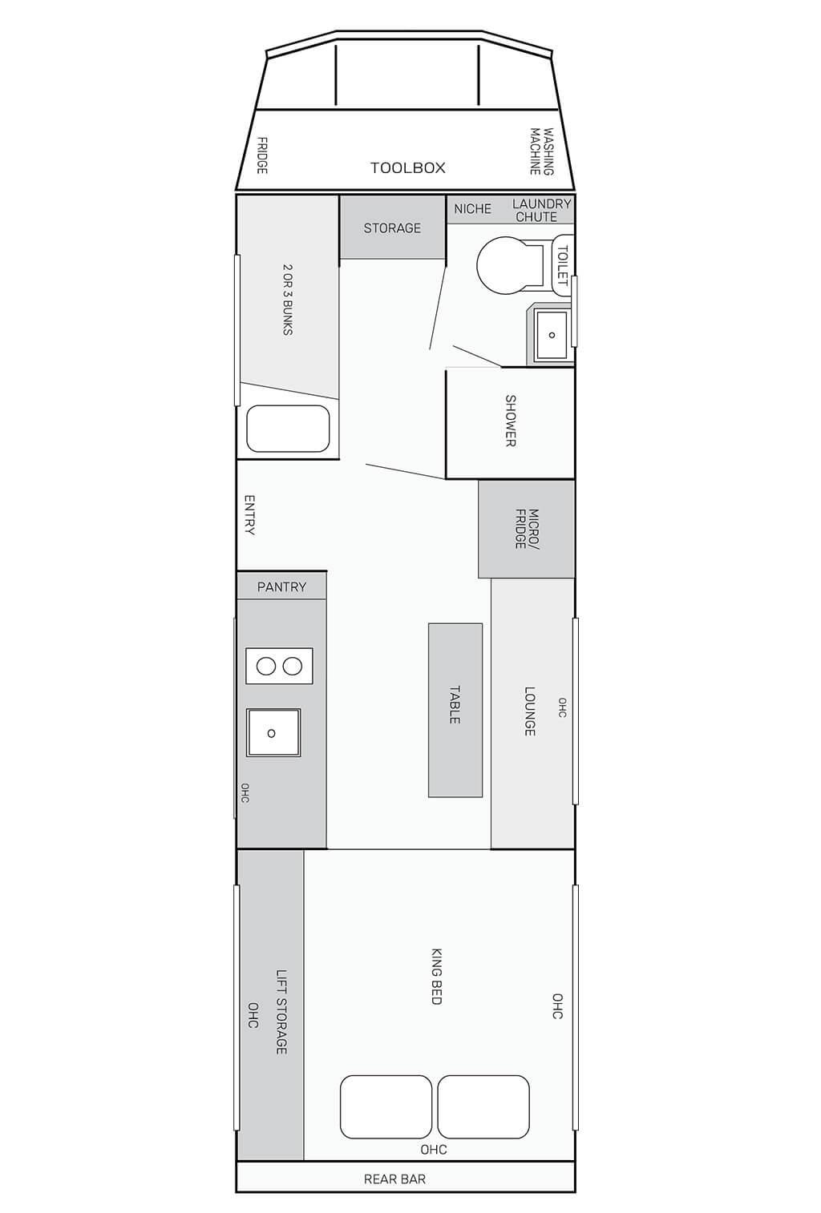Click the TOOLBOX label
pyautogui.click(x=407, y=168)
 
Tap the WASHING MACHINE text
pyautogui.click(x=541, y=151)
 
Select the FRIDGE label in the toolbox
pyautogui.click(x=261, y=156)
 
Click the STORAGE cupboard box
pyautogui.click(x=392, y=228)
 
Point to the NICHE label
pyautogui.click(x=472, y=209)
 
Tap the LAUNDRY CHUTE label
pyautogui.click(x=541, y=210)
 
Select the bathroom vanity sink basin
pyautogui.click(x=551, y=335)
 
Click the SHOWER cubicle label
pyautogui.click(x=510, y=421)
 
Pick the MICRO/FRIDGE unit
pyautogui.click(x=526, y=529)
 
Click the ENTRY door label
pyautogui.click(x=249, y=515)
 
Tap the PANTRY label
pyautogui.click(x=281, y=587)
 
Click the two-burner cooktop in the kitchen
pyautogui.click(x=279, y=666)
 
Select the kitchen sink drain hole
pyautogui.click(x=272, y=733)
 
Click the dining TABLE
pyautogui.click(x=455, y=710)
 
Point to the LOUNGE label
pyautogui.click(x=529, y=711)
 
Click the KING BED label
pyautogui.click(x=436, y=976)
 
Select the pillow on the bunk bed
pyautogui.click(x=289, y=429)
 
